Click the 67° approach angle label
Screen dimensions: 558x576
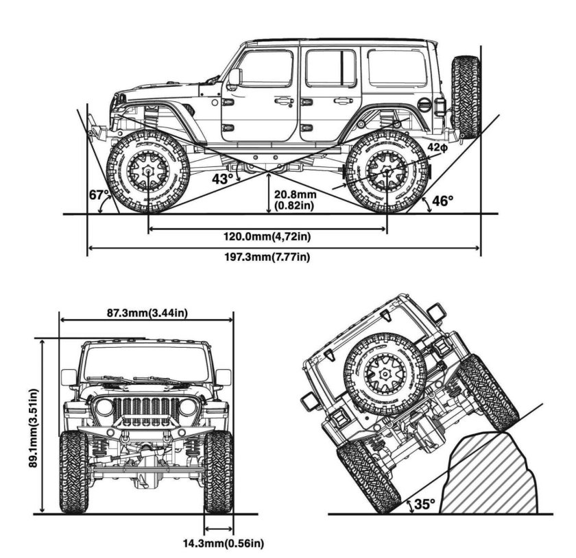point(99,194)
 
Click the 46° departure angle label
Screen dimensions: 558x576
point(442,201)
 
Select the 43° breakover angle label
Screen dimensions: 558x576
point(221,179)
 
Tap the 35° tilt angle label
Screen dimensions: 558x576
point(424,504)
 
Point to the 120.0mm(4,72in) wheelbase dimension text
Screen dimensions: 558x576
point(267,237)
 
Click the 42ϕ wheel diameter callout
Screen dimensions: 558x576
point(437,147)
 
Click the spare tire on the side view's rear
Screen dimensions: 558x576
point(466,97)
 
